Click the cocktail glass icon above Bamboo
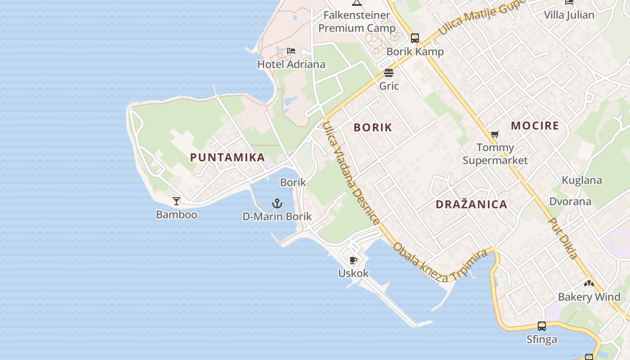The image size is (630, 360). pyautogui.click(x=176, y=201)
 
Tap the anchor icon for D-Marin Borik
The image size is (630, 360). pyautogui.click(x=277, y=203)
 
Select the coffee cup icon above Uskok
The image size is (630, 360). pyautogui.click(x=353, y=260)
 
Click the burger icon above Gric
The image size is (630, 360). pyautogui.click(x=389, y=73)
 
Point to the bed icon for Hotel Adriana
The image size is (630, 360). pyautogui.click(x=291, y=51)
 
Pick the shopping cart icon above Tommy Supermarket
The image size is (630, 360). pyautogui.click(x=495, y=134)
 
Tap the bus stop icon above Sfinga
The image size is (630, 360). pyautogui.click(x=542, y=326)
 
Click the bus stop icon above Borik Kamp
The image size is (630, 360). pyautogui.click(x=415, y=38)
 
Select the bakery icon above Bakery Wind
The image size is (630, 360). pyautogui.click(x=589, y=283)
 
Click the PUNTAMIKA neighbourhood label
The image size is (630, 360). pyautogui.click(x=227, y=157)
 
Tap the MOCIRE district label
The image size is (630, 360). pyautogui.click(x=535, y=126)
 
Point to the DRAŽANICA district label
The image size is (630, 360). pyautogui.click(x=471, y=204)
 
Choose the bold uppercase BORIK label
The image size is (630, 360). pyautogui.click(x=373, y=127)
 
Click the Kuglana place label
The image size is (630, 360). pyautogui.click(x=582, y=180)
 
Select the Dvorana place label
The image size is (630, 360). pyautogui.click(x=570, y=201)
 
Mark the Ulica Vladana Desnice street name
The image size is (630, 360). pyautogui.click(x=351, y=173)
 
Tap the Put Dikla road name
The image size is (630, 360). pyautogui.click(x=562, y=238)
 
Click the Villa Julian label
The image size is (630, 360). pyautogui.click(x=569, y=15)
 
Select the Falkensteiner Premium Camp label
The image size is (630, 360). pyautogui.click(x=357, y=22)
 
